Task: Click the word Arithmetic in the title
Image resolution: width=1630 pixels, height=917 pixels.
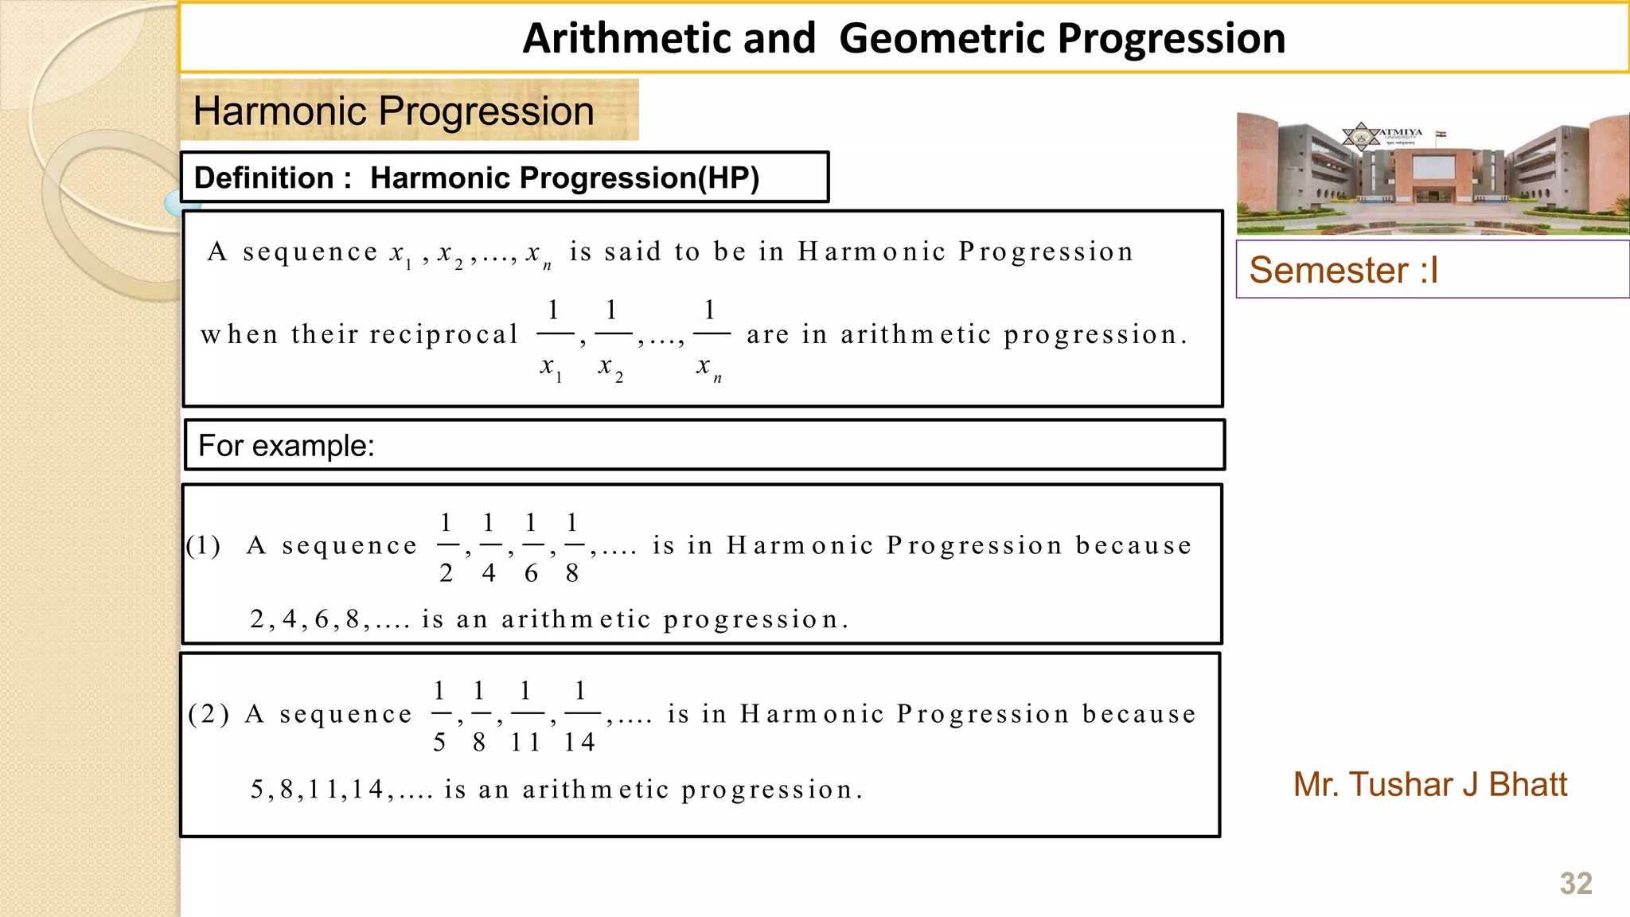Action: pyautogui.click(x=669, y=38)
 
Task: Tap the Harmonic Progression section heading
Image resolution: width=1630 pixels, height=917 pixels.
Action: pyautogui.click(x=394, y=111)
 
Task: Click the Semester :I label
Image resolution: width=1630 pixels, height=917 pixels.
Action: pyautogui.click(x=1343, y=271)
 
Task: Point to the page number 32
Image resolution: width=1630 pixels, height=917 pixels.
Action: pyautogui.click(x=1575, y=884)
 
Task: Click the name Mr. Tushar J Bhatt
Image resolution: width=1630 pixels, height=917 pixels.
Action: pyautogui.click(x=1429, y=785)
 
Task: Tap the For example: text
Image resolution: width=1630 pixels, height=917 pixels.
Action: pyautogui.click(x=286, y=446)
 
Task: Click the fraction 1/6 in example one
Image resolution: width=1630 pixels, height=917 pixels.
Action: pyautogui.click(x=531, y=548)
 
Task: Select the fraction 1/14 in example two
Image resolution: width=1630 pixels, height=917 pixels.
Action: pyautogui.click(x=580, y=715)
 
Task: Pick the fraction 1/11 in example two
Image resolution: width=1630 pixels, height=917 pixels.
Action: pyautogui.click(x=525, y=715)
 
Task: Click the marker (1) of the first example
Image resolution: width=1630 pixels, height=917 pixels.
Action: pyautogui.click(x=204, y=546)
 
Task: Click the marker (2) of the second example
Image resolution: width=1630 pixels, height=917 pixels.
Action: pyautogui.click(x=209, y=714)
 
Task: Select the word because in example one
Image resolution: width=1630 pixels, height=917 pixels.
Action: pyautogui.click(x=1133, y=546)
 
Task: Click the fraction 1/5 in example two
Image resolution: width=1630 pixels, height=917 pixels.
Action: pyautogui.click(x=439, y=715)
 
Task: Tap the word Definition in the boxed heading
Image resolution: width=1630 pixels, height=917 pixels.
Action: pyautogui.click(x=263, y=178)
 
